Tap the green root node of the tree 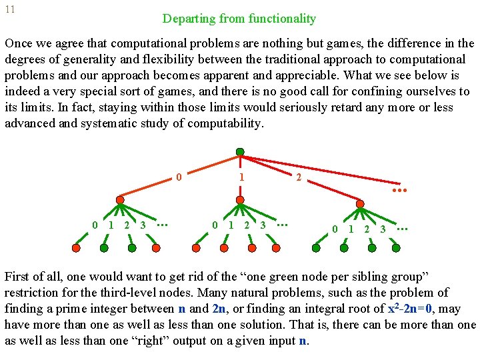tap(240, 152)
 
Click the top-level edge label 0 tap(179, 177)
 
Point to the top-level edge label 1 tap(241, 178)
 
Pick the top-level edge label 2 tap(299, 178)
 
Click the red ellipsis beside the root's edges tap(399, 190)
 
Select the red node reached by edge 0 tap(120, 199)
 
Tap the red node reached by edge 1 tap(240, 199)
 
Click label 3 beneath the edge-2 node tap(383, 229)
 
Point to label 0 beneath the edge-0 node tap(95, 225)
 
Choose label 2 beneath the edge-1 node tap(247, 225)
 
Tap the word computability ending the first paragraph tap(227, 124)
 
